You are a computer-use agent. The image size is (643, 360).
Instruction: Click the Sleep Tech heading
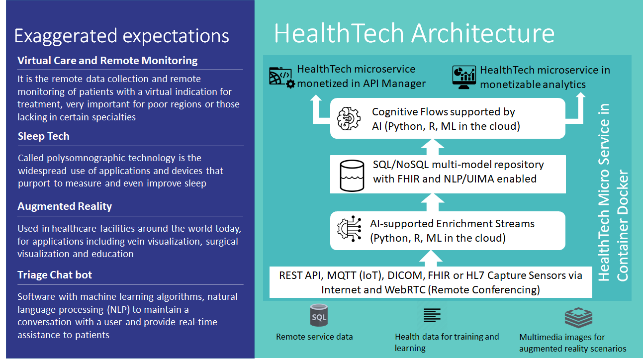44,136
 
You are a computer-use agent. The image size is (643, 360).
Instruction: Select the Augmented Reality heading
65,206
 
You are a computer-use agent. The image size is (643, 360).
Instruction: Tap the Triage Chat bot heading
55,275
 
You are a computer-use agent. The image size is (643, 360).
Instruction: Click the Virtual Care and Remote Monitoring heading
107,61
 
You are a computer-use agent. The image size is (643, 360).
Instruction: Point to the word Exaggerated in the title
66,36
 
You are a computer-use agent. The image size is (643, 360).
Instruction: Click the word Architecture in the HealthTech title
483,33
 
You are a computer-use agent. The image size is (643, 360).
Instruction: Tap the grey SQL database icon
319,315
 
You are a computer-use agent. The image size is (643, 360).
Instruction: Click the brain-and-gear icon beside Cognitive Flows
349,118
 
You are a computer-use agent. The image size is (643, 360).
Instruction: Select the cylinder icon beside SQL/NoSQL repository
352,176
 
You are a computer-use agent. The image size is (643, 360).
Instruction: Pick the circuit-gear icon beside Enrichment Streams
349,229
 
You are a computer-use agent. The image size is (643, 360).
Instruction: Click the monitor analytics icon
464,77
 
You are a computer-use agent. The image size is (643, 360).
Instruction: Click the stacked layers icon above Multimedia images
578,318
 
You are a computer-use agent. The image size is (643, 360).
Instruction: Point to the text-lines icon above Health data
432,315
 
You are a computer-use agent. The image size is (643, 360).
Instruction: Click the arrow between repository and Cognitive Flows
432,147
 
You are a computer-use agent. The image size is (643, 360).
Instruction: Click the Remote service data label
314,337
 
